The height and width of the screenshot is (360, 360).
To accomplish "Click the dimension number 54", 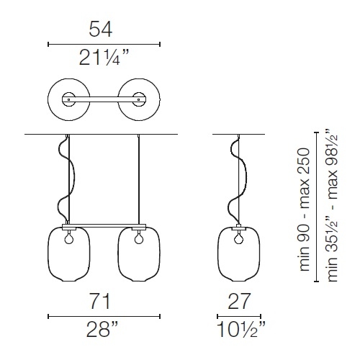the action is point(101,29).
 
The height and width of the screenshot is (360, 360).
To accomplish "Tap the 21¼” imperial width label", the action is point(104,58).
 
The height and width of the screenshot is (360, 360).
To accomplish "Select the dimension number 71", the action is point(100,301).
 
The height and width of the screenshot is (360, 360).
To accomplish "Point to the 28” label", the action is point(102,329).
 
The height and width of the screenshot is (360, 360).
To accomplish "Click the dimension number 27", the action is point(239,301).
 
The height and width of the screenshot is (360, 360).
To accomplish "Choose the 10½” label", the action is point(241,330).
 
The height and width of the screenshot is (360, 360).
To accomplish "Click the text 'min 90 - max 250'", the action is point(304,210).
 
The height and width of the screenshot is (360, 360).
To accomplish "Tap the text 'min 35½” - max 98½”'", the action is point(333,206).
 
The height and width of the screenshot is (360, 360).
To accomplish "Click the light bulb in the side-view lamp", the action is point(239,238).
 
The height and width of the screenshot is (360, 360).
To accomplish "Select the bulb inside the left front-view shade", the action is point(69,238).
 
